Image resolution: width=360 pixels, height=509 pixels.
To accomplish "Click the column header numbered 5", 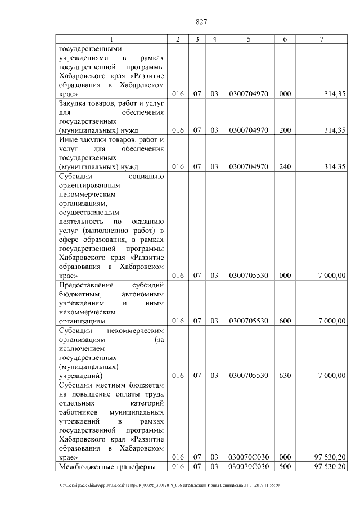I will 248,39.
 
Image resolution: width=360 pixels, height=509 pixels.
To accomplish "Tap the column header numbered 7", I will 321,39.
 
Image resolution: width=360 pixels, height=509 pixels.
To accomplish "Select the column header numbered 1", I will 111,39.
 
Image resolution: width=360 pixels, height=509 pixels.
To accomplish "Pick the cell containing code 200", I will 285,130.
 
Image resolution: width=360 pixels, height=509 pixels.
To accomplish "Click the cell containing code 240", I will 285,166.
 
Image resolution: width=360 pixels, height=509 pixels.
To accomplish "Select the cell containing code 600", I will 285,321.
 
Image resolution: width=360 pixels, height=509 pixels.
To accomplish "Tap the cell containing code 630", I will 285,375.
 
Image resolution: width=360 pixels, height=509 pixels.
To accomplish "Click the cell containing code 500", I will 285,467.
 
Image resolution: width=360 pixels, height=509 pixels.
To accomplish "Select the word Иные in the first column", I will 67,139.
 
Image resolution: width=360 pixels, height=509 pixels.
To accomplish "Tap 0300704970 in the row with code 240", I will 248,166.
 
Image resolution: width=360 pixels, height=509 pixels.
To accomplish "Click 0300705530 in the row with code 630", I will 248,375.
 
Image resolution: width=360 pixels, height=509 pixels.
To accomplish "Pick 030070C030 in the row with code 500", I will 248,467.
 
